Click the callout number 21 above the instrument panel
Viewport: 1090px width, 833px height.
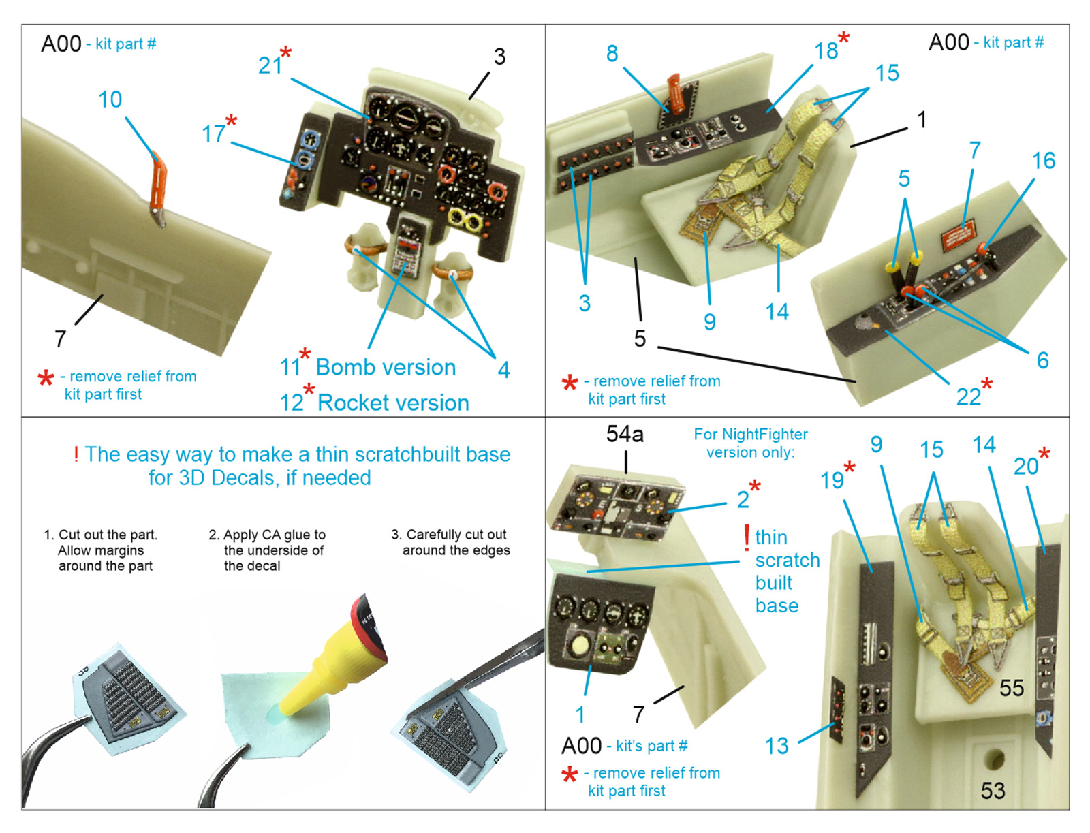tap(270, 65)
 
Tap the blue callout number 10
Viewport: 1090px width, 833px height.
tap(110, 99)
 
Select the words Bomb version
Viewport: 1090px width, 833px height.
tap(386, 367)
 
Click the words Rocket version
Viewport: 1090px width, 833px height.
tap(393, 403)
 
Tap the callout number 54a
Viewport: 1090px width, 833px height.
tap(625, 434)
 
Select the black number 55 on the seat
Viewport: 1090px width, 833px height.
tap(1012, 688)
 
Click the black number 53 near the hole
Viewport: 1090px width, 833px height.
tap(993, 790)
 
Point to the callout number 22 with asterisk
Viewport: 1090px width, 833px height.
tap(969, 396)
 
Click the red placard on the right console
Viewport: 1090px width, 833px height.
tap(957, 236)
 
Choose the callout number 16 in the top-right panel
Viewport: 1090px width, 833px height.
tap(1043, 161)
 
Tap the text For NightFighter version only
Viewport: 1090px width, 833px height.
tap(751, 443)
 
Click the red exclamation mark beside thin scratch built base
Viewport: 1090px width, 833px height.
tap(747, 538)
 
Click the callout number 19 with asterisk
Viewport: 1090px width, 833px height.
tap(832, 480)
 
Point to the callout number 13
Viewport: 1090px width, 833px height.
tap(776, 746)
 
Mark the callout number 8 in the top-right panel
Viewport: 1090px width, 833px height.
tap(612, 53)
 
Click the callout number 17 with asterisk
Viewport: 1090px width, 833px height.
tap(213, 133)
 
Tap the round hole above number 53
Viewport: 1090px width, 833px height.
tap(993, 757)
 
